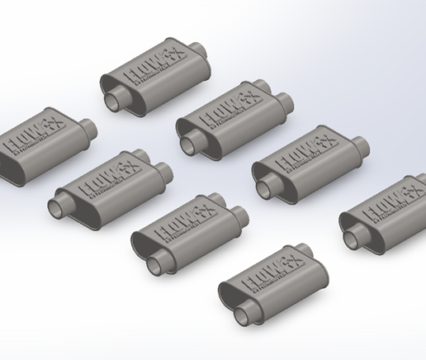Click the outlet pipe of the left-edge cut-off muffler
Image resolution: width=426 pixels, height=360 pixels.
[x=86, y=130]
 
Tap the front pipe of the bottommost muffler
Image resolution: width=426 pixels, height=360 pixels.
[x=245, y=312]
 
